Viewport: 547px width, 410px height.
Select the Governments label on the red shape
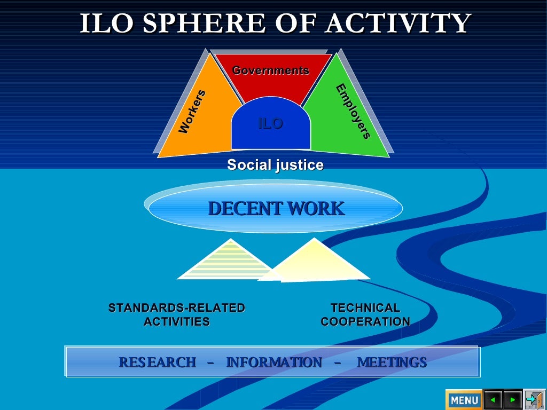tap(270, 70)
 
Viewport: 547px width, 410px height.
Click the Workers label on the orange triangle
tap(192, 112)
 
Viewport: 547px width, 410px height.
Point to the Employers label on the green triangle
tap(353, 112)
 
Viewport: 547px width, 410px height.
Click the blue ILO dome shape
tap(270, 128)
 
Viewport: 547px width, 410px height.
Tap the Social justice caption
tap(275, 165)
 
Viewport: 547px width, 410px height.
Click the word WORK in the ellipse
tap(316, 209)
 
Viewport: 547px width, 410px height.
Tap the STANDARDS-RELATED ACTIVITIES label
tap(176, 315)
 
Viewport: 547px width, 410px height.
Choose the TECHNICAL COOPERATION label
tap(365, 315)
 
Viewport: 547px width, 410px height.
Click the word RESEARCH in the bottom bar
tap(157, 362)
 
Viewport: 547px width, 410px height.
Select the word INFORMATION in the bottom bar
tap(274, 362)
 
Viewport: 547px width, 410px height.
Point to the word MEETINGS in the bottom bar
tap(392, 362)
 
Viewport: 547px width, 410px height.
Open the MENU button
tap(464, 399)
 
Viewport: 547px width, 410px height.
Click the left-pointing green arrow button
tap(493, 399)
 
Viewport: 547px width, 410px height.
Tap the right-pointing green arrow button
tap(513, 399)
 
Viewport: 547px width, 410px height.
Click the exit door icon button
tap(534, 399)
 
